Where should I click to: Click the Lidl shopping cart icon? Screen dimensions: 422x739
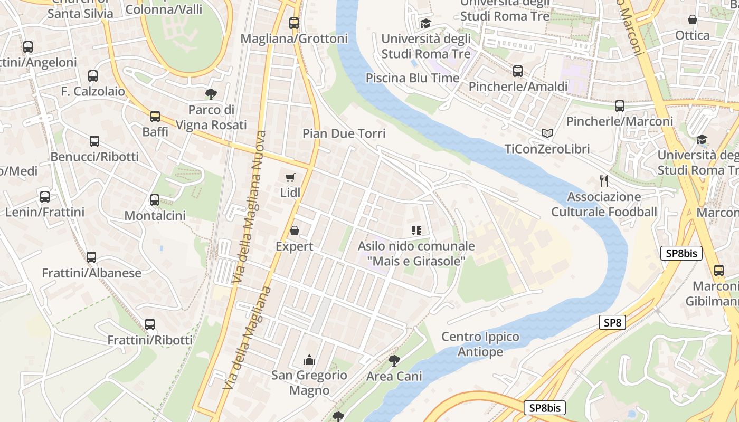click(x=290, y=177)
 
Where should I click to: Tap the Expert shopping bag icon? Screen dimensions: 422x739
click(x=295, y=231)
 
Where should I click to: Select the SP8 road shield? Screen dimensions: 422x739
click(x=612, y=323)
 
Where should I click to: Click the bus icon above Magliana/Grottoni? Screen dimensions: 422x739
click(x=294, y=23)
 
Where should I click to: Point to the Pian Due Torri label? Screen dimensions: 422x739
click(x=344, y=133)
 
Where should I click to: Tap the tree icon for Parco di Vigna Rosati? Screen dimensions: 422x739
click(x=211, y=94)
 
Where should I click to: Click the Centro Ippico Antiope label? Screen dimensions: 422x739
click(x=480, y=344)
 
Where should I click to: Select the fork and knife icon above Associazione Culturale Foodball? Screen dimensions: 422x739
click(x=604, y=181)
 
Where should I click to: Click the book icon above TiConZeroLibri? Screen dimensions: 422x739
click(x=547, y=133)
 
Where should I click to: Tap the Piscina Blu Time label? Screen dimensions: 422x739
click(x=412, y=78)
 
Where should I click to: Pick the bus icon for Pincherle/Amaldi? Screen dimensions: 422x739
click(x=518, y=71)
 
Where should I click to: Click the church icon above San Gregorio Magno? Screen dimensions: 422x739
click(x=309, y=360)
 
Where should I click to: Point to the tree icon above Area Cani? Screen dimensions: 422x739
click(x=394, y=361)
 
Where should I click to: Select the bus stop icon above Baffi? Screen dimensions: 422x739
click(x=155, y=116)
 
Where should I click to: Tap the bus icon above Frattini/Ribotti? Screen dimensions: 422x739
click(x=150, y=324)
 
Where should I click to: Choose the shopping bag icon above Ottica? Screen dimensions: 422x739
click(x=693, y=20)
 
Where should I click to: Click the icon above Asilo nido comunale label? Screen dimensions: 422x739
click(x=416, y=231)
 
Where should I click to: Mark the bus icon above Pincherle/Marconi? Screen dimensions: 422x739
click(x=620, y=106)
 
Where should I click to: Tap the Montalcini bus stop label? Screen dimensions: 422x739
click(x=155, y=215)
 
